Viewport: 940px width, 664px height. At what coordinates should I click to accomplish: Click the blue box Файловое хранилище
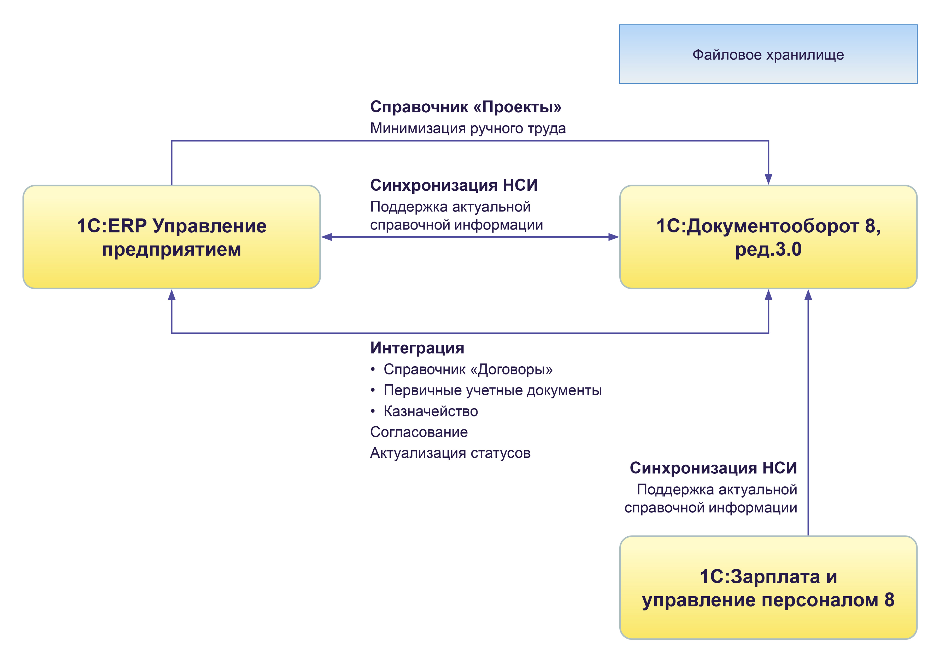pos(768,55)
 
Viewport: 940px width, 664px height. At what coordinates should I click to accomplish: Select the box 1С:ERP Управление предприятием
pos(172,237)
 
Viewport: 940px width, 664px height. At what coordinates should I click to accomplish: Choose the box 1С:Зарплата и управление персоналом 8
pos(768,588)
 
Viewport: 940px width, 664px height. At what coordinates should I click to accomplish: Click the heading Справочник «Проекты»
pos(466,107)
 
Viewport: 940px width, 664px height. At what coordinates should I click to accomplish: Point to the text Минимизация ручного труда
pos(468,128)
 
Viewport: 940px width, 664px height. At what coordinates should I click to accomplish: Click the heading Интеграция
pos(417,348)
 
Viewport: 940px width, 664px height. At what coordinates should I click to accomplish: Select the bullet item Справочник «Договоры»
pos(468,370)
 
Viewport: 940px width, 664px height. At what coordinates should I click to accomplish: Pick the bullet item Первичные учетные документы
pos(492,391)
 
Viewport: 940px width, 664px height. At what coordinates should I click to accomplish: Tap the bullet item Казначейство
pos(430,412)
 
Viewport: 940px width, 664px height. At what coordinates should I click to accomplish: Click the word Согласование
pos(418,432)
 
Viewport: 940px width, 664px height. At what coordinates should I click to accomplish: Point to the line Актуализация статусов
pos(450,453)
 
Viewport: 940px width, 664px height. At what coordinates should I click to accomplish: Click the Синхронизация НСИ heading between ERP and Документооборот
pos(453,185)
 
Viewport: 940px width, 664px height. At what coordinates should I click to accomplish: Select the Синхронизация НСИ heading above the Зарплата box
pos(713,468)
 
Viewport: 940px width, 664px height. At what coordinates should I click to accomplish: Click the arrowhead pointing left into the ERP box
pos(326,237)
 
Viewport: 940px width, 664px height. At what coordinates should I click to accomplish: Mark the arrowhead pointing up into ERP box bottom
pos(172,295)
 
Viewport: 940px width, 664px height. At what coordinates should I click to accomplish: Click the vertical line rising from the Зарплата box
pos(808,409)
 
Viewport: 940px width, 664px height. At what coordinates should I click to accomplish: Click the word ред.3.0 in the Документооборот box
pos(768,249)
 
